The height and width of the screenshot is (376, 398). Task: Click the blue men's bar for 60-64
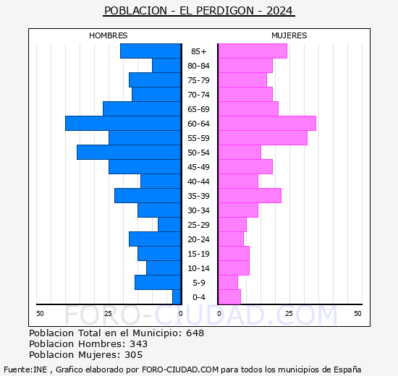[x=123, y=124]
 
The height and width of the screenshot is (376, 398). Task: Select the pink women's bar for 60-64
[x=267, y=124]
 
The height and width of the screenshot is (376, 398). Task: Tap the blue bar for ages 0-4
[x=177, y=297]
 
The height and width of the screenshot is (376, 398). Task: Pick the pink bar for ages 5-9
[x=228, y=283]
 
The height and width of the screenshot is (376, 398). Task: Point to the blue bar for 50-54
[x=129, y=153]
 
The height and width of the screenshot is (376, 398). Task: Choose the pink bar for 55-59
[x=263, y=138]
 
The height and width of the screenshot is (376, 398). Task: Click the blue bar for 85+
[x=151, y=51]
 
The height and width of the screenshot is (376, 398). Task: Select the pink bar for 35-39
[x=250, y=196]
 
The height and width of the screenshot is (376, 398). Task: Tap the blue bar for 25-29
[x=169, y=225]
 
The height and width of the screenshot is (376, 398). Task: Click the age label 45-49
[x=198, y=167]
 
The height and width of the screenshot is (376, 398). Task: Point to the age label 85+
[x=199, y=51]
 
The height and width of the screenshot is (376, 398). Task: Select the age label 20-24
[x=198, y=239]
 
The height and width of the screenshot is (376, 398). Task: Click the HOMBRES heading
[x=109, y=35]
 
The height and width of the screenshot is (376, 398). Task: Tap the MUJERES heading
[x=289, y=35]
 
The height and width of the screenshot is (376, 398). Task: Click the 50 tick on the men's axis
[x=40, y=314]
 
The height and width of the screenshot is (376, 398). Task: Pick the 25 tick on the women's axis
[x=289, y=314]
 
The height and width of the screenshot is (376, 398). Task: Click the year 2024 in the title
[x=279, y=11]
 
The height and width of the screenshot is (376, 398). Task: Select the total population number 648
[x=195, y=333]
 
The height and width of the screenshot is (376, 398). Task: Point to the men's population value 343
[x=139, y=343]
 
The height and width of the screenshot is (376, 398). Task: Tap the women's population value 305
[x=134, y=355]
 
